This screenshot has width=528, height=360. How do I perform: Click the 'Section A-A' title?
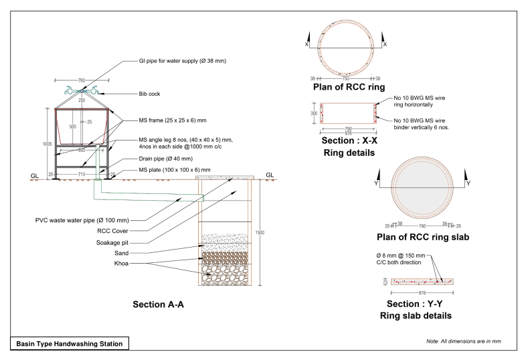click(158, 304)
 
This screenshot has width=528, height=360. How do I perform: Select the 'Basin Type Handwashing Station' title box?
click(70, 344)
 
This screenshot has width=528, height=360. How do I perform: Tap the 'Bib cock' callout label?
click(149, 94)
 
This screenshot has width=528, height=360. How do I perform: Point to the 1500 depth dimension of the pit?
click(259, 232)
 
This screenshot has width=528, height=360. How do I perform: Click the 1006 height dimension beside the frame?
click(46, 143)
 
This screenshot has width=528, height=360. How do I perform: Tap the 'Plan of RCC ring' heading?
click(348, 88)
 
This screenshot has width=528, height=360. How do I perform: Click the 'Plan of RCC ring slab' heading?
click(424, 237)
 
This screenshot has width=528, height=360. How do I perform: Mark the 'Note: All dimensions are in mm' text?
click(463, 341)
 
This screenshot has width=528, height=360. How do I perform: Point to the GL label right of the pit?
click(270, 175)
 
